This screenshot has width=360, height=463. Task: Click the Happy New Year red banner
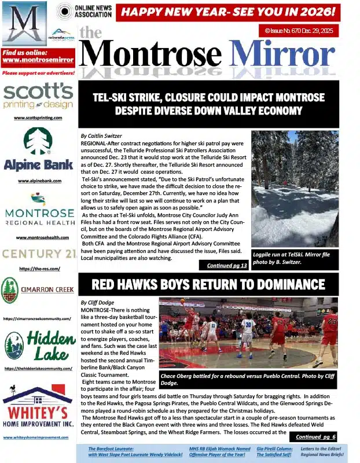coord(227,11)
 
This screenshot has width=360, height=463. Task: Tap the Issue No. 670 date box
coord(299,30)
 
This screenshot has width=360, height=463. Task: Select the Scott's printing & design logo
coord(38,96)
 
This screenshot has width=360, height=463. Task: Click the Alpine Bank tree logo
coord(38,142)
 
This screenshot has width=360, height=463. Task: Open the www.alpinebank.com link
coord(38,181)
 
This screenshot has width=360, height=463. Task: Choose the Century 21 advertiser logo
coord(38,254)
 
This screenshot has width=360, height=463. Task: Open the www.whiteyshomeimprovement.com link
coord(38,438)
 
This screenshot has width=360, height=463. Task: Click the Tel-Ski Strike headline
coord(209,104)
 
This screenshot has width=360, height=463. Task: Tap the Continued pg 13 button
coord(223,265)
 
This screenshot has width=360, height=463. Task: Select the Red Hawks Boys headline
coord(209,284)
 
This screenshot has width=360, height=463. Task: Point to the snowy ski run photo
coord(295,189)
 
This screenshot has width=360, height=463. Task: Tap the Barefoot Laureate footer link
coord(135,451)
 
